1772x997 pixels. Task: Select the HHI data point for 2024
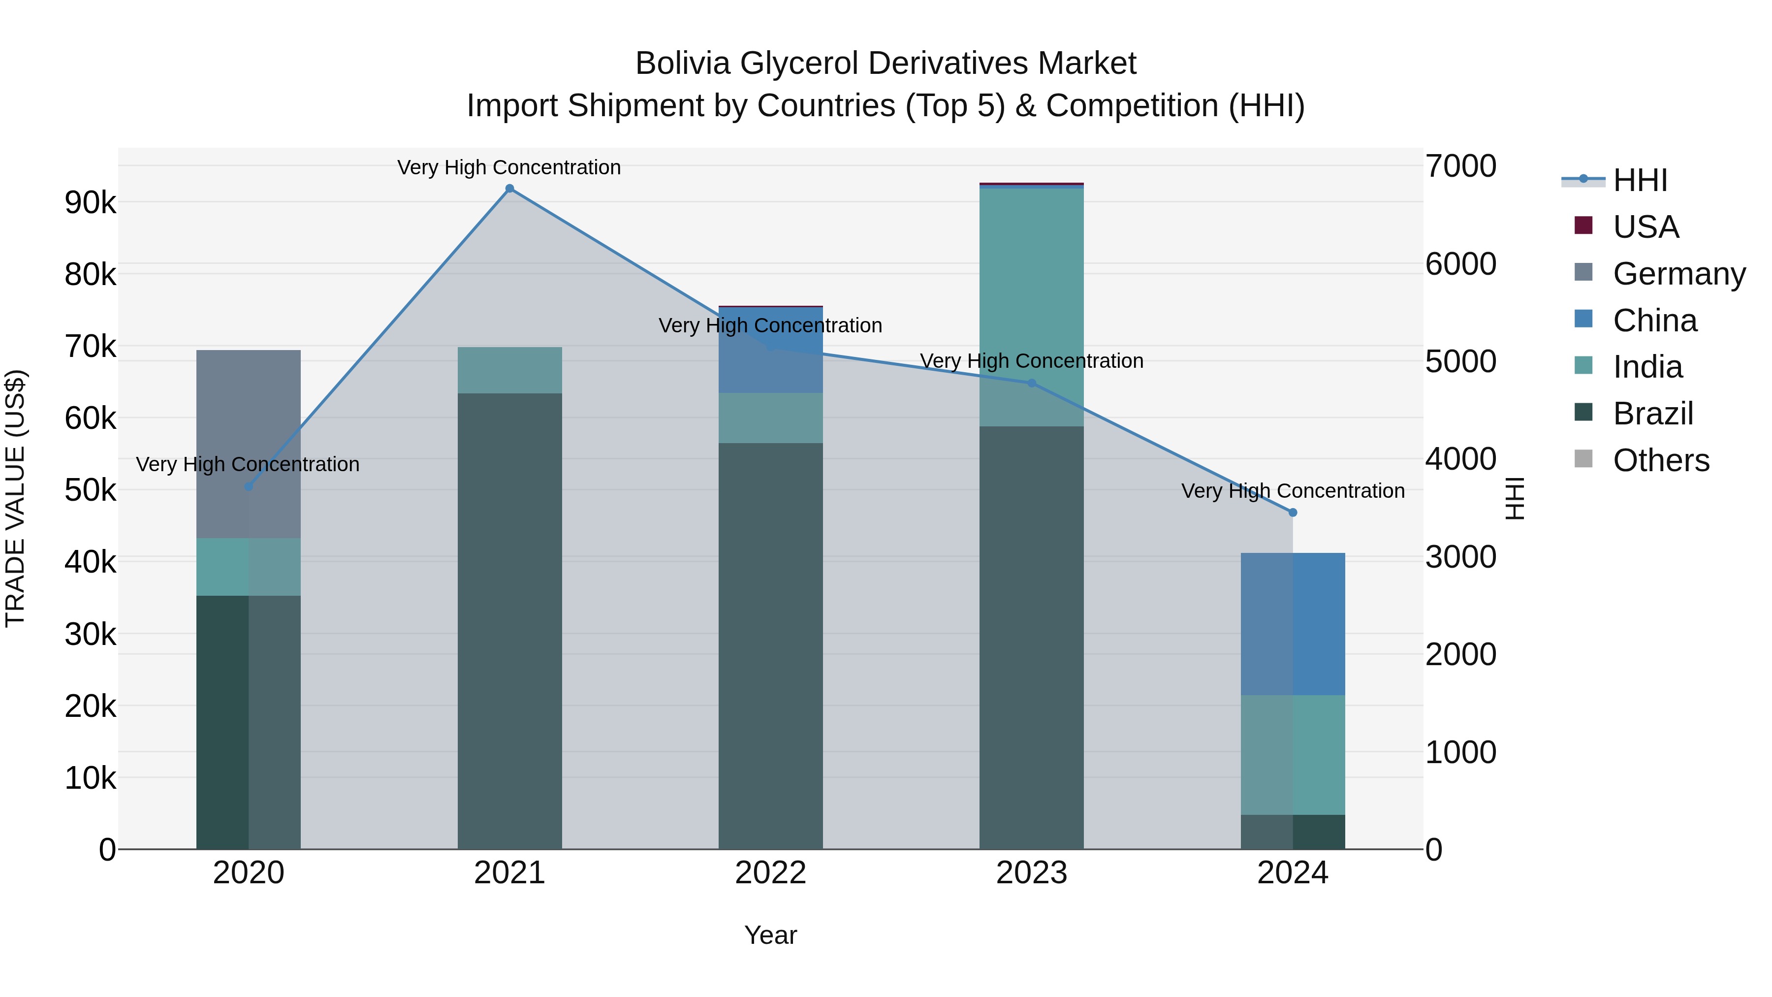click(x=1293, y=513)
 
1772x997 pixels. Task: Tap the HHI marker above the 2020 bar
click(x=249, y=486)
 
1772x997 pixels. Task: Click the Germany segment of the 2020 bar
click(x=249, y=444)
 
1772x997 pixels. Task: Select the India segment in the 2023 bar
click(x=1031, y=306)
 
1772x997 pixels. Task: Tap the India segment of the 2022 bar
click(x=770, y=418)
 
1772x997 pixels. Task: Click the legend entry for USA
click(x=1645, y=227)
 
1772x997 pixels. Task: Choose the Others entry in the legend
click(x=1661, y=460)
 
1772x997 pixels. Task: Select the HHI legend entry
click(x=1640, y=180)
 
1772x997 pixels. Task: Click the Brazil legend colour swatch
click(x=1583, y=413)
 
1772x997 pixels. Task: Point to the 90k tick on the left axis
click(x=90, y=203)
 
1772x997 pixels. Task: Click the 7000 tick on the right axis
click(x=1460, y=166)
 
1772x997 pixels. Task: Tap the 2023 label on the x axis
click(x=1031, y=873)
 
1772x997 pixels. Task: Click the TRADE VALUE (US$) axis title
click(x=15, y=498)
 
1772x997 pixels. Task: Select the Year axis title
click(x=770, y=935)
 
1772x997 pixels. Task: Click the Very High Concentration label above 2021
click(x=509, y=167)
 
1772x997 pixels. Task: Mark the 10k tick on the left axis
click(x=90, y=778)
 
